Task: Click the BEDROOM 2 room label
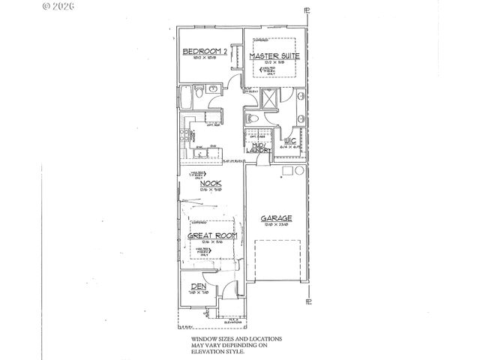coord(204,52)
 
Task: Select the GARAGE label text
coord(276,219)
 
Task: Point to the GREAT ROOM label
coord(212,235)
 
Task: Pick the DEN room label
coord(198,286)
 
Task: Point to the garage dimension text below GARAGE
coord(276,225)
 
